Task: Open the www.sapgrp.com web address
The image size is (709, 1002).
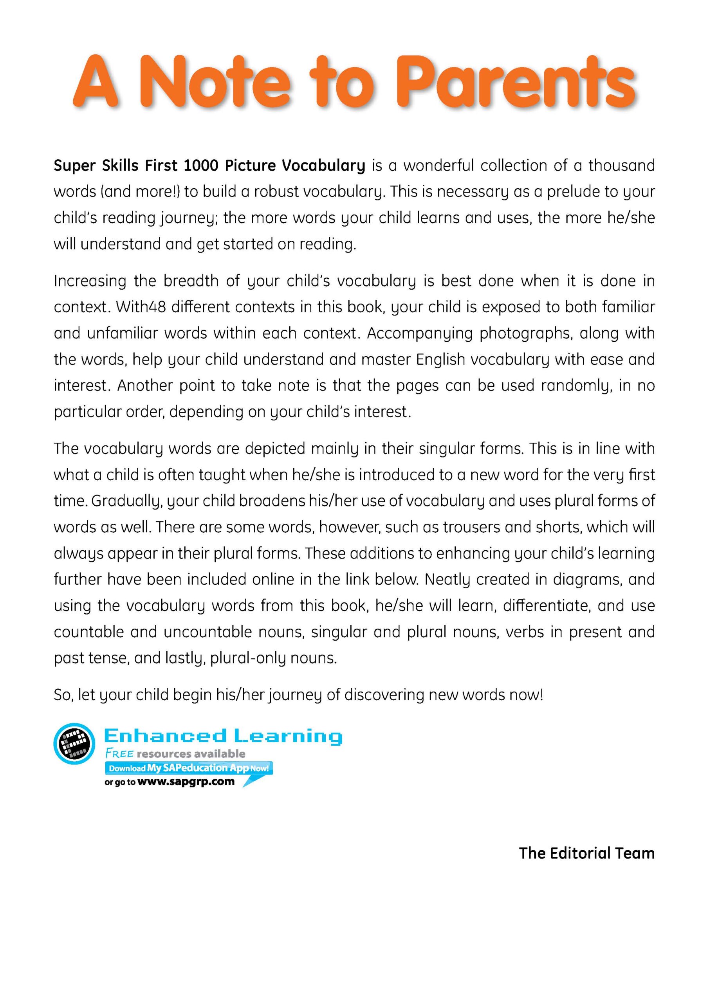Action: (186, 782)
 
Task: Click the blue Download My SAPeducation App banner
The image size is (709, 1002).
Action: (189, 768)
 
